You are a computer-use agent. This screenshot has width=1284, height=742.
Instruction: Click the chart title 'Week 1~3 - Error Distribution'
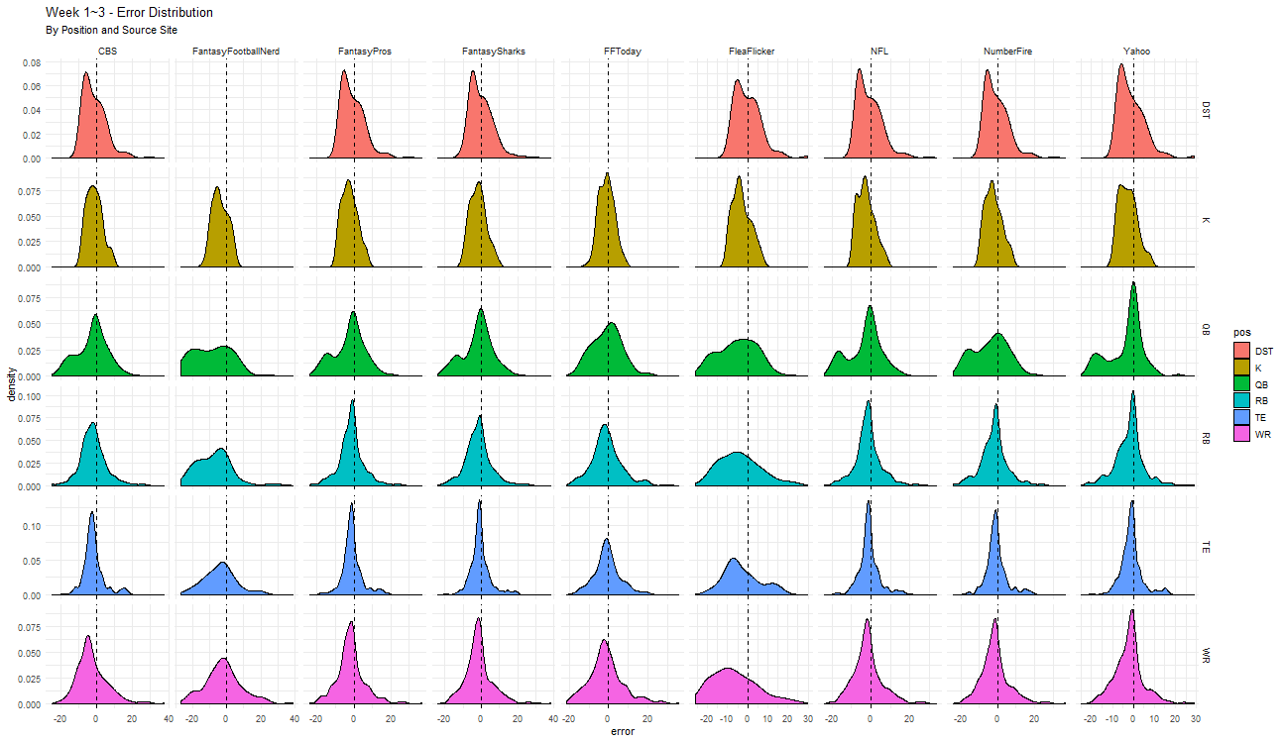pyautogui.click(x=129, y=13)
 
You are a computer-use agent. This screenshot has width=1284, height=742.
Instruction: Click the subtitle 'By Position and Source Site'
pyautogui.click(x=111, y=31)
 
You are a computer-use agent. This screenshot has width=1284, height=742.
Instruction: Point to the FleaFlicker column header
pyautogui.click(x=751, y=52)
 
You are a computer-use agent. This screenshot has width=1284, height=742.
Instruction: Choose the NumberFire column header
pyautogui.click(x=1007, y=52)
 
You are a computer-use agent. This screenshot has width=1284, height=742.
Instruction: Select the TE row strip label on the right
pyautogui.click(x=1207, y=546)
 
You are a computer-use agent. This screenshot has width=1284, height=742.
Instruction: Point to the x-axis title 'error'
pyautogui.click(x=623, y=733)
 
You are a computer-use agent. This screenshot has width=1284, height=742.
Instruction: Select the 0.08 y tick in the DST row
pyautogui.click(x=32, y=62)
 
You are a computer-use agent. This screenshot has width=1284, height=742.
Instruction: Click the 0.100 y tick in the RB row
pyautogui.click(x=30, y=396)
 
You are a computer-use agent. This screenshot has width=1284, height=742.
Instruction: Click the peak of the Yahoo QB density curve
pyautogui.click(x=1133, y=283)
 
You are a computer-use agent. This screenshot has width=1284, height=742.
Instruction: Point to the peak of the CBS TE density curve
pyautogui.click(x=92, y=512)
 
